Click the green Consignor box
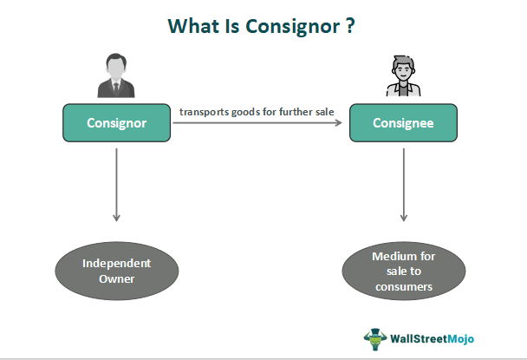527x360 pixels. pyautogui.click(x=116, y=123)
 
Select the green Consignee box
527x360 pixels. pyautogui.click(x=404, y=123)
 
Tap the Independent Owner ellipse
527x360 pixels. pyautogui.click(x=116, y=272)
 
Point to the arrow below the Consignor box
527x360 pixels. pyautogui.click(x=116, y=182)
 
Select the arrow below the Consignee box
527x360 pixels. pyautogui.click(x=404, y=182)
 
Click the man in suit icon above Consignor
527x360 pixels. pyautogui.click(x=116, y=76)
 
